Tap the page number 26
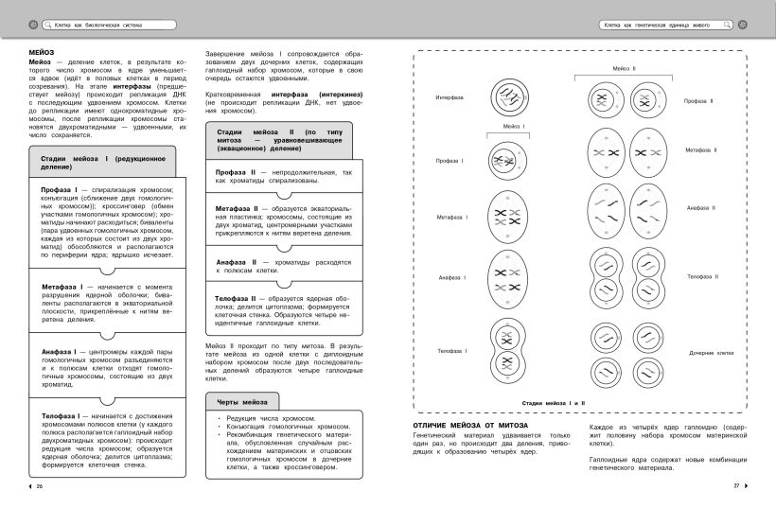[39, 486]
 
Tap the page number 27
[735, 486]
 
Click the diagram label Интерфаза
[450, 97]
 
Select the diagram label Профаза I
[450, 161]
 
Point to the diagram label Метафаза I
[451, 219]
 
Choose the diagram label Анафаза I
[450, 277]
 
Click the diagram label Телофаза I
[450, 351]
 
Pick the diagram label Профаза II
[699, 100]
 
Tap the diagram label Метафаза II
[701, 149]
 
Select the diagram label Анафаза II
[701, 207]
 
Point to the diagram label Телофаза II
[703, 276]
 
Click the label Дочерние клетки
[711, 352]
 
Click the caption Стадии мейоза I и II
[554, 403]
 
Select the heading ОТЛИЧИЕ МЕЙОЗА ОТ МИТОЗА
[470, 426]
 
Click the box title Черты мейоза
[242, 402]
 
